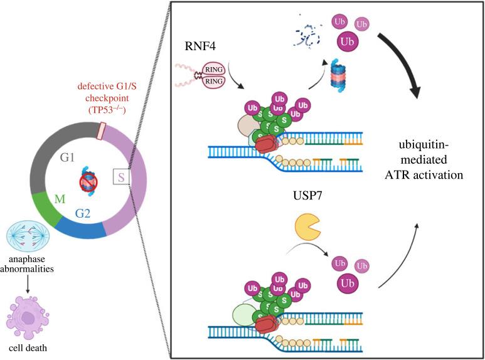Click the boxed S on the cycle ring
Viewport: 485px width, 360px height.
tap(121, 178)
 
